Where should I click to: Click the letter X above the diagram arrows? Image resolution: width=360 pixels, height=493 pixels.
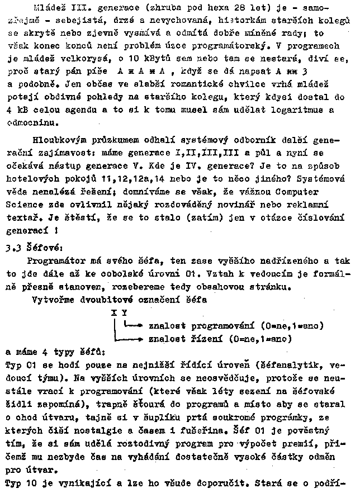(113, 313)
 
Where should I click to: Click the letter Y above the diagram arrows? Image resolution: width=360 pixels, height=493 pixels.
(124, 313)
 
